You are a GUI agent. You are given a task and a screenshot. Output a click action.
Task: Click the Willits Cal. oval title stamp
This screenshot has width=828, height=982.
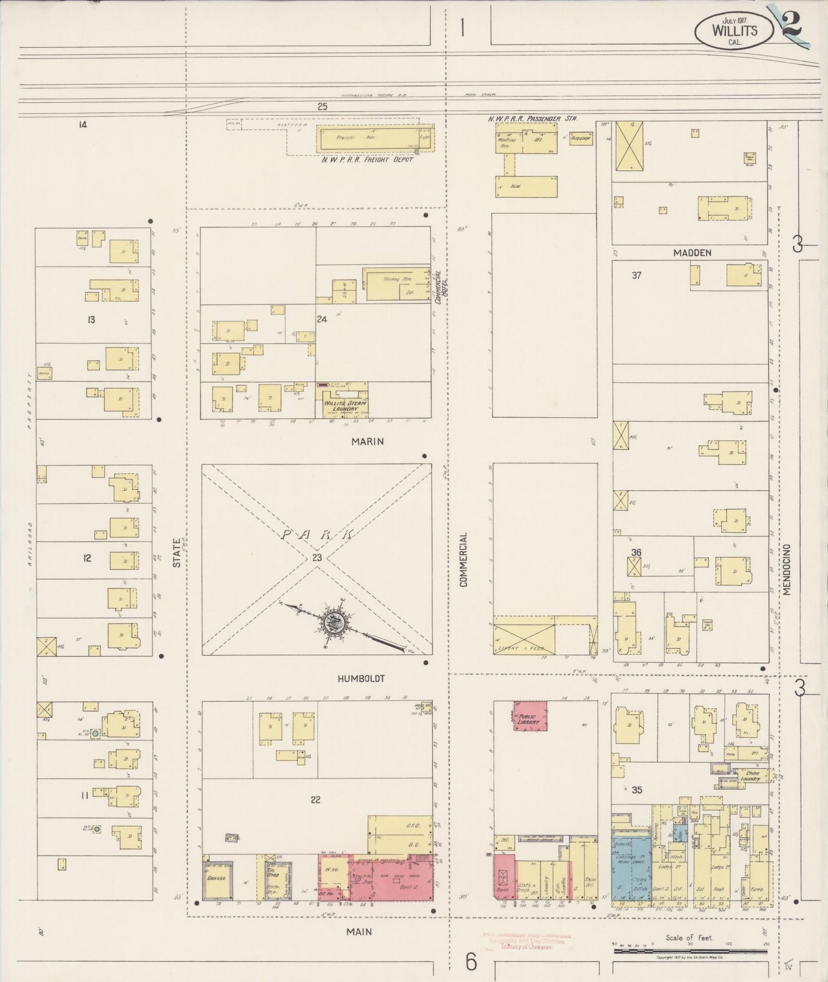coord(734,30)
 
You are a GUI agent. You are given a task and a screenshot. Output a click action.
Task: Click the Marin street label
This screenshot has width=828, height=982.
coord(367,441)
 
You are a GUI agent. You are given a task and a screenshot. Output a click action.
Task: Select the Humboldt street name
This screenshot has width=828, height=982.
coord(360,678)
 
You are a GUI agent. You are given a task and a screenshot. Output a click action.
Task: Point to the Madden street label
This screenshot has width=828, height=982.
coord(692,253)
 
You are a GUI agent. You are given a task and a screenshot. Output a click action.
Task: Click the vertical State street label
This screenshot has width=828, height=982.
coord(176,555)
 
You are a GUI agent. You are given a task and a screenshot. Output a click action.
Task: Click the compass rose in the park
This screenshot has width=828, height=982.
coord(332,620)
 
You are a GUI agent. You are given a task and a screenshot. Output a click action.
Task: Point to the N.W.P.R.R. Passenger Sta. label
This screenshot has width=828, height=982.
coord(532,119)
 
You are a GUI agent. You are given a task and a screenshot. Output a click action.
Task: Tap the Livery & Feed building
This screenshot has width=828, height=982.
coord(524,636)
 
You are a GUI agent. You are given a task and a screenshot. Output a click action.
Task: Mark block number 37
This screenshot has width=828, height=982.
coord(636,275)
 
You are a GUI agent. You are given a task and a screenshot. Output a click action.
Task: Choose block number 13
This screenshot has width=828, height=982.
coord(91,320)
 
